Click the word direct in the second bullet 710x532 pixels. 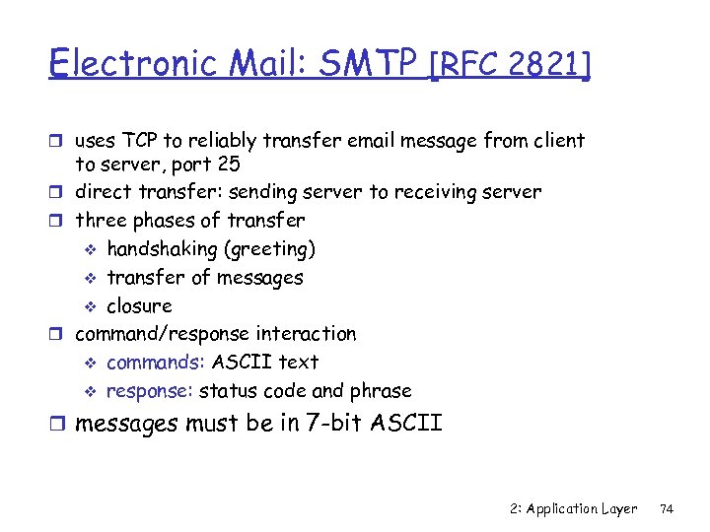coord(106,192)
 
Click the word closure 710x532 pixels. coord(139,305)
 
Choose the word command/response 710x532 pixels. coord(163,334)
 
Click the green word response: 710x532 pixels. coord(150,391)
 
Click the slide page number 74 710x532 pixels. coord(667,508)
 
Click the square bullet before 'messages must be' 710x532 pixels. coord(61,426)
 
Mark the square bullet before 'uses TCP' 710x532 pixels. coord(61,142)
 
